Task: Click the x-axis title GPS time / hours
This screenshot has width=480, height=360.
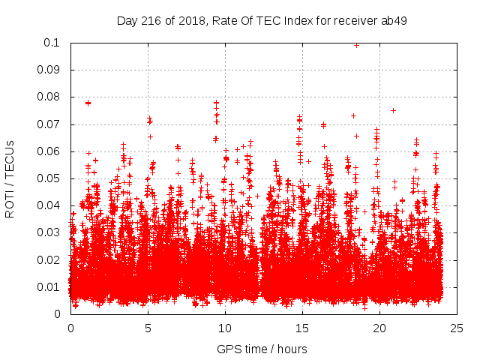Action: pos(262,349)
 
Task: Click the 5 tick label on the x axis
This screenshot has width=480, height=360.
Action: pos(148,328)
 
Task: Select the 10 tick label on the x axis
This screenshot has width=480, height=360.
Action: pos(225,328)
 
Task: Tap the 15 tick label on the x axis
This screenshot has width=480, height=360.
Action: pos(302,328)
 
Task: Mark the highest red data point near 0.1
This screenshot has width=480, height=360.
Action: pos(356,45)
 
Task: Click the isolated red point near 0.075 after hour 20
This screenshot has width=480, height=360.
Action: pos(393,110)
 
